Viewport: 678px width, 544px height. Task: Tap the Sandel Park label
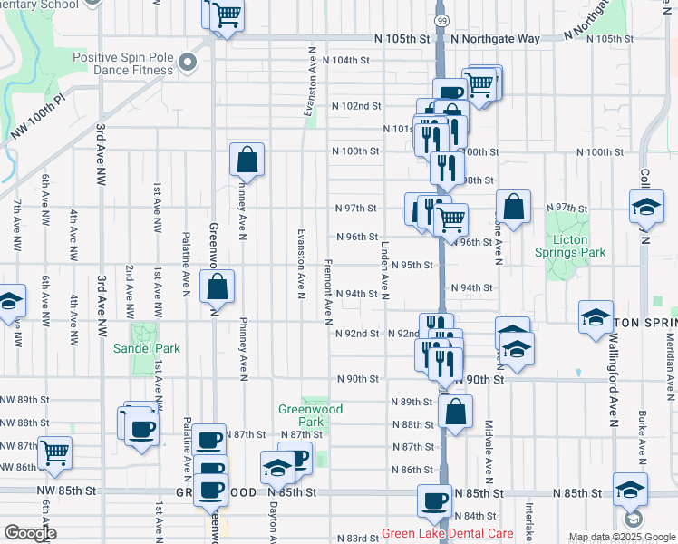click(146, 348)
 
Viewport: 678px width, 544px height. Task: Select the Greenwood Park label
click(311, 415)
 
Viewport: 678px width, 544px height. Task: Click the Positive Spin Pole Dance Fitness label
click(122, 63)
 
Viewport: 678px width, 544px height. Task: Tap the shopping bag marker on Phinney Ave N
click(247, 160)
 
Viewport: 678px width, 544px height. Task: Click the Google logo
click(29, 532)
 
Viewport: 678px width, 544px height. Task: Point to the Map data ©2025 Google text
click(622, 538)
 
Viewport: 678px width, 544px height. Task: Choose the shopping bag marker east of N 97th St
click(513, 207)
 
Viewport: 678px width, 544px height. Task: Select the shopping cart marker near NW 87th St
click(54, 452)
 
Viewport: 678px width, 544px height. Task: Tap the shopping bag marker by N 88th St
click(455, 411)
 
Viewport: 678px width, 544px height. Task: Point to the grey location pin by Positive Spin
click(188, 63)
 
